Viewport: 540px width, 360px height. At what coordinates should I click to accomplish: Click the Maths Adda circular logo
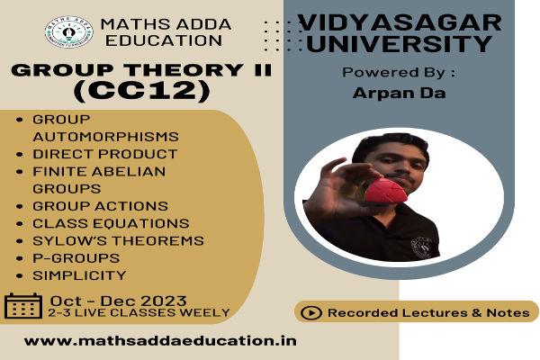[68, 31]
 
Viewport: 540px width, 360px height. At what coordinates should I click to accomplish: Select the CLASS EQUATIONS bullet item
[110, 223]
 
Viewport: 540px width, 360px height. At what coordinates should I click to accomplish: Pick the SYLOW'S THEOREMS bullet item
[117, 240]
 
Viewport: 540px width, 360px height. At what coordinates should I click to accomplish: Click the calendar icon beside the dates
[22, 307]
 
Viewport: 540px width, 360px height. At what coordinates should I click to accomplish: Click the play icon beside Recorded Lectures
[312, 312]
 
